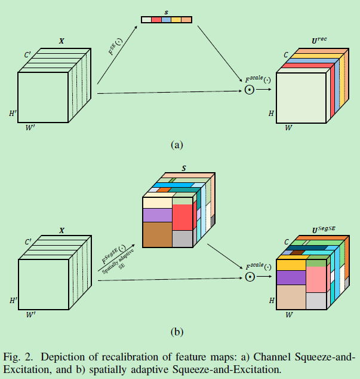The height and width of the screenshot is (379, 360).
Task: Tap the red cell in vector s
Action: click(x=156, y=20)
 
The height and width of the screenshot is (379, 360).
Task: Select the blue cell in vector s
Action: click(x=167, y=20)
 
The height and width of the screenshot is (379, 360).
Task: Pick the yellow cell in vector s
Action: click(x=176, y=20)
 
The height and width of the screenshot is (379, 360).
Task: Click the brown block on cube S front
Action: click(x=157, y=234)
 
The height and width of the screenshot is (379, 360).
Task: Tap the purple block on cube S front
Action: click(x=157, y=215)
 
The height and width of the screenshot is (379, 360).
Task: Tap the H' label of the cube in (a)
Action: click(x=13, y=113)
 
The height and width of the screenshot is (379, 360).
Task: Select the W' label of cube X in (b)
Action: click(x=30, y=312)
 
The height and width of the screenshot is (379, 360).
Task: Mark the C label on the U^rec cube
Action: click(x=286, y=55)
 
